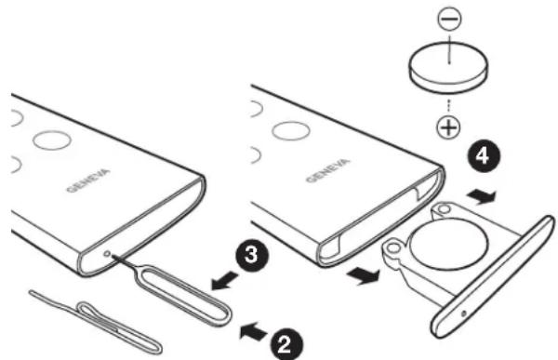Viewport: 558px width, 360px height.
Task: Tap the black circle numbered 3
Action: (252, 255)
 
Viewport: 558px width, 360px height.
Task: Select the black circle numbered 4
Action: (483, 156)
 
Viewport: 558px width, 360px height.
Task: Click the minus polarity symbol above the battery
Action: (449, 19)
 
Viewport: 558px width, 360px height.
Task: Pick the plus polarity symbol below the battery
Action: (447, 127)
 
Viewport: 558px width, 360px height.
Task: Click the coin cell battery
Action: (448, 67)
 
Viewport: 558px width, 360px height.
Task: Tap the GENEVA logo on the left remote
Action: (88, 180)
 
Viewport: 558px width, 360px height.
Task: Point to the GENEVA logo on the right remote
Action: (328, 170)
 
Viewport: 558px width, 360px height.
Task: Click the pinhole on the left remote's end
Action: (108, 254)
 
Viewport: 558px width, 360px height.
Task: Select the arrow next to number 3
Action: (224, 280)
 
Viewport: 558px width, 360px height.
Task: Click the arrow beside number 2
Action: (253, 331)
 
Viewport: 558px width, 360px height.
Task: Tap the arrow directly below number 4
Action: (481, 196)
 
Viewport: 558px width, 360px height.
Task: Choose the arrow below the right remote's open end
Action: (363, 276)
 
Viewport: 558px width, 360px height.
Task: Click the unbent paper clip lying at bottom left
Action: (96, 321)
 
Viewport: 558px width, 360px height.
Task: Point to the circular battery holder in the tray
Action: (448, 244)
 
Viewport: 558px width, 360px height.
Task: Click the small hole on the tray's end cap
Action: (463, 313)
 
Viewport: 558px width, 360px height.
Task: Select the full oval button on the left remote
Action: (52, 140)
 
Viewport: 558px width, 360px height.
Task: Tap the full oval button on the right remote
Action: (291, 130)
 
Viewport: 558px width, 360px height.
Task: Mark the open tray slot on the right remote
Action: (380, 218)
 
